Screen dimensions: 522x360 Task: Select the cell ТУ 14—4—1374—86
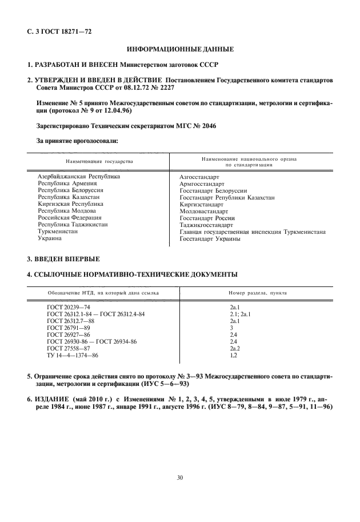[x=73, y=355]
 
